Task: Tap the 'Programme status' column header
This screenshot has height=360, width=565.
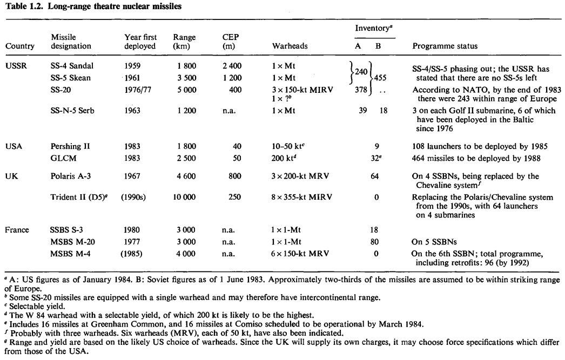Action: coord(445,46)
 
